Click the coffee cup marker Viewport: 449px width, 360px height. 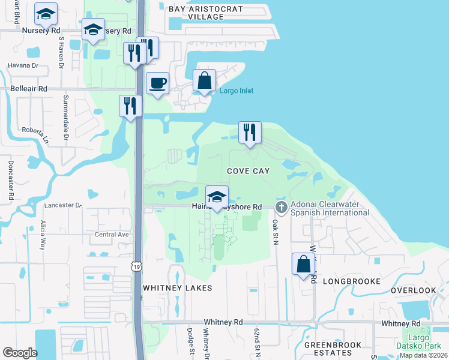click(157, 83)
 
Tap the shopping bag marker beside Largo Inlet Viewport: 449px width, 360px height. click(205, 80)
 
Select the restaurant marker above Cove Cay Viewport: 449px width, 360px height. click(250, 132)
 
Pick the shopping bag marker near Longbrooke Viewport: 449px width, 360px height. click(304, 263)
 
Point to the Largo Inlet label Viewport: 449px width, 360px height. click(236, 91)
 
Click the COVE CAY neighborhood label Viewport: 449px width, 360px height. click(248, 171)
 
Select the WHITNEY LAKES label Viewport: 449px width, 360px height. click(177, 288)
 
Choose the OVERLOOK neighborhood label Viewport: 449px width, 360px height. click(414, 290)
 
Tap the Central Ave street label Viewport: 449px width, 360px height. click(112, 235)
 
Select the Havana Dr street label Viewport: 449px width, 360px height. click(23, 65)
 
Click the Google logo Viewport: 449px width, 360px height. click(20, 353)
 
